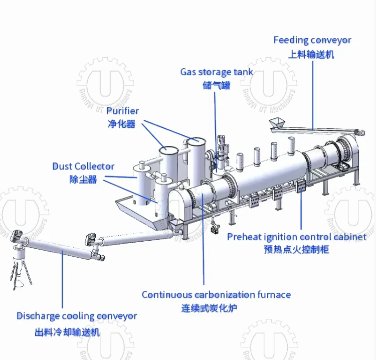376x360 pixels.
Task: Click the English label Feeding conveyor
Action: tap(312, 40)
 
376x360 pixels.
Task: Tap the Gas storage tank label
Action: tap(217, 72)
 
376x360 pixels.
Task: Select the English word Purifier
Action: tap(122, 111)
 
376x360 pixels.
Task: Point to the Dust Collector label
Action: tap(83, 166)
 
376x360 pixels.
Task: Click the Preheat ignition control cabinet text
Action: tap(296, 237)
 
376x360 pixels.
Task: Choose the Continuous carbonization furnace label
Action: tap(216, 294)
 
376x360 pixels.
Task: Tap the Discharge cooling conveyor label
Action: tap(77, 316)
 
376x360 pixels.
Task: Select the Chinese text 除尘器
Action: tap(83, 179)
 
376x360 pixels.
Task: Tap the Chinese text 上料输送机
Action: tap(311, 54)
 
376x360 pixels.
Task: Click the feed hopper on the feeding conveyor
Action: tap(277, 122)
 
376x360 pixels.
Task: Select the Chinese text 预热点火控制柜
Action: tap(296, 249)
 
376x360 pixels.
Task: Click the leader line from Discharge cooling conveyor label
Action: tap(63, 281)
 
